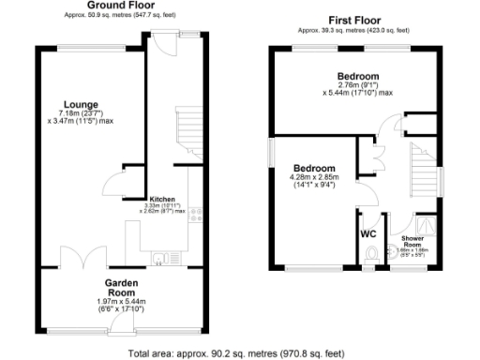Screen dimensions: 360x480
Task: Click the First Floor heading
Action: tap(354, 20)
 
